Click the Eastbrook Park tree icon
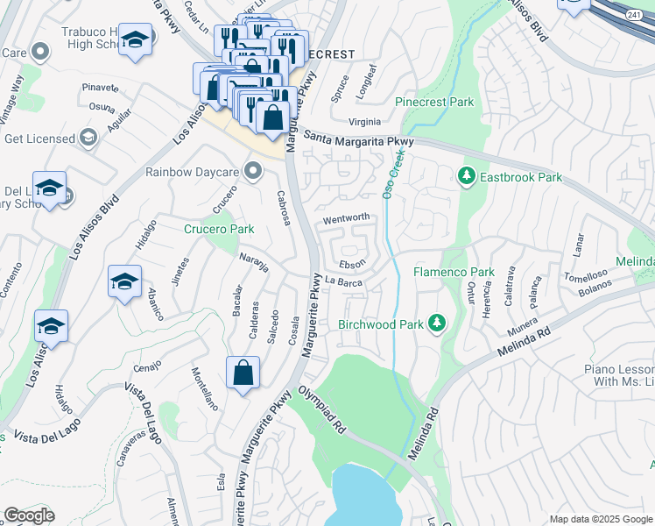tap(467, 177)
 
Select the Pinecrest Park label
tap(434, 103)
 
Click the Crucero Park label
tap(219, 230)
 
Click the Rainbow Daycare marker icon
tap(254, 170)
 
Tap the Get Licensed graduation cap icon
tap(88, 138)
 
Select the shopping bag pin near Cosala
tap(243, 373)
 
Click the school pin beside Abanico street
tap(124, 282)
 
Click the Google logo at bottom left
tap(29, 515)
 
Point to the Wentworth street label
tap(347, 217)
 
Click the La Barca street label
tap(344, 281)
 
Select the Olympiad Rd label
tap(320, 409)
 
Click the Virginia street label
tap(364, 122)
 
